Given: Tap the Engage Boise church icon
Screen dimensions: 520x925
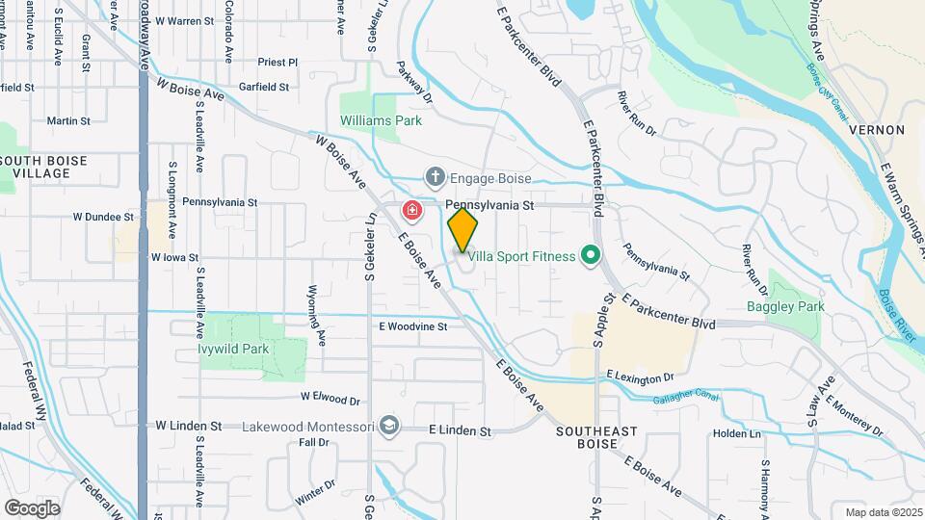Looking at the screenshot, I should point(436,177).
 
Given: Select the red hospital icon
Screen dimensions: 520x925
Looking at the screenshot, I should point(412,210).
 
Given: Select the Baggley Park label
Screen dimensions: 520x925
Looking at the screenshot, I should point(785,306).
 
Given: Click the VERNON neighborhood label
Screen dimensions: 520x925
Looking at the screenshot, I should point(877,129).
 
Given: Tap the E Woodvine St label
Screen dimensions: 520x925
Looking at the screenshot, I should point(413,326).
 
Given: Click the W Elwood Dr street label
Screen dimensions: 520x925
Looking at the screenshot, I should point(330,397).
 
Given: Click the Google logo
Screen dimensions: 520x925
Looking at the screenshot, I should point(33,507).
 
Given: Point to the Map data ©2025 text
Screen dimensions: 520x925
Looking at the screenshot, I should point(883,512).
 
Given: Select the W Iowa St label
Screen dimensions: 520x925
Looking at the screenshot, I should point(174,258).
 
